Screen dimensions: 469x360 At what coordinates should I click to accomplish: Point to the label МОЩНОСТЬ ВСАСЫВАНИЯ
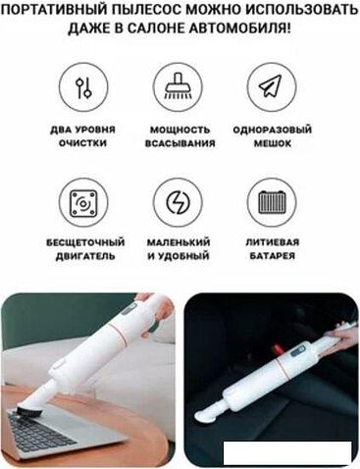(180, 136)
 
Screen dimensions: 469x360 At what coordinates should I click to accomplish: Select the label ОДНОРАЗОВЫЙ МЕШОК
(273, 136)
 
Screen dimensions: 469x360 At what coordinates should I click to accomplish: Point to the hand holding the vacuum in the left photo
(158, 307)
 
